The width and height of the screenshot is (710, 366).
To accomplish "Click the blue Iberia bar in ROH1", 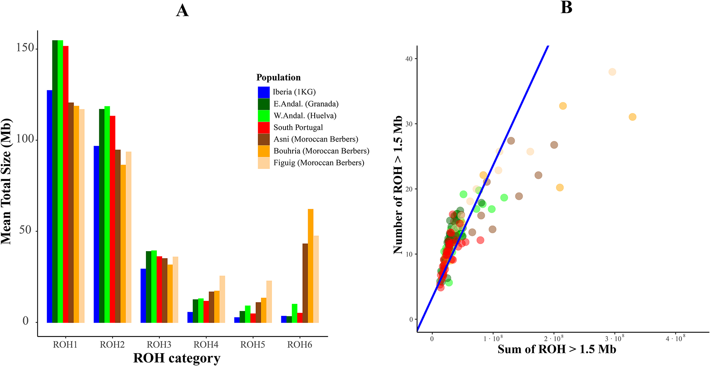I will tap(50, 206).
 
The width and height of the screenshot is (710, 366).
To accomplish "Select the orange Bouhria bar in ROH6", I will tap(310, 266).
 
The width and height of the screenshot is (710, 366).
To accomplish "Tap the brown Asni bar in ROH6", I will tap(305, 283).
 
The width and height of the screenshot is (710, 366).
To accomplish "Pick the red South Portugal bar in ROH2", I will tap(113, 219).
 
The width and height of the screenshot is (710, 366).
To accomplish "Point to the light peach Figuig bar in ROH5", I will tap(269, 302).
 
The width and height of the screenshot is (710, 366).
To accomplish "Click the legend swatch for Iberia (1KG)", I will tap(264, 92).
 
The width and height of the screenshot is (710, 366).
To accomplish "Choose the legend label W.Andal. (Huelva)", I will tap(305, 116).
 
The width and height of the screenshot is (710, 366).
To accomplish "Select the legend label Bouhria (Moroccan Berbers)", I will tap(321, 151).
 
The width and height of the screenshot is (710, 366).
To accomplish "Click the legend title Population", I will tap(279, 78).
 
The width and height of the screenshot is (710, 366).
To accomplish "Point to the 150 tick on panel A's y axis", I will tap(25, 48).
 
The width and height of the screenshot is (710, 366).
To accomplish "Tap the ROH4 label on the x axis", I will tap(206, 345).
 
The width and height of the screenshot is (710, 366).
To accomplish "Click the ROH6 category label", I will tap(300, 345).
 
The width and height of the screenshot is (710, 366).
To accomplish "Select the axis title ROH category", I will tap(177, 358).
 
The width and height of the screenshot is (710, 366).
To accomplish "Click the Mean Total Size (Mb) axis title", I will tap(7, 182).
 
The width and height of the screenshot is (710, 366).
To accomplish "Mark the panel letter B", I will tap(566, 7).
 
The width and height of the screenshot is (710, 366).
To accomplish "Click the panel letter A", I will tap(182, 10).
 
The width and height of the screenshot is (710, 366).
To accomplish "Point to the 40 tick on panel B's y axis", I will tap(409, 59).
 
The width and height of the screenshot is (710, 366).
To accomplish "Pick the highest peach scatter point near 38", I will tap(612, 72).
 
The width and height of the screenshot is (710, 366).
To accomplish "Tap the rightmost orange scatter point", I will tap(632, 117).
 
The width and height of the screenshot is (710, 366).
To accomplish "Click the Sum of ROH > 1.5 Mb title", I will tap(557, 349).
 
